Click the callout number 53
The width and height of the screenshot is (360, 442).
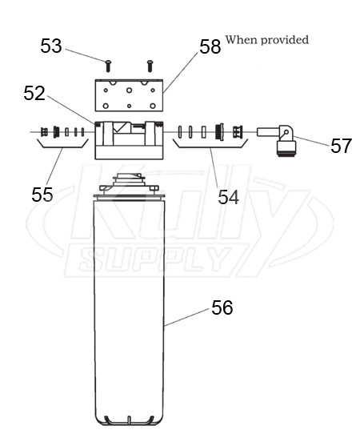[51, 46]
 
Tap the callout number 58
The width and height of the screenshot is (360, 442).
[210, 47]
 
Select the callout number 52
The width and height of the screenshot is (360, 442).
[34, 93]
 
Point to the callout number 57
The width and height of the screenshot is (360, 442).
[341, 146]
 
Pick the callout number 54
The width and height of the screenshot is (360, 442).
[229, 196]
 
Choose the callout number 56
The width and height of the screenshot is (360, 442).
[222, 307]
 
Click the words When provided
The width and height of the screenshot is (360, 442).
[267, 40]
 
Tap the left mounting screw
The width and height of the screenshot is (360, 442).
[108, 64]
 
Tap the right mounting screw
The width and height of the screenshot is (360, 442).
[150, 63]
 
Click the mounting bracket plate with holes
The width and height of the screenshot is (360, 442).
[129, 96]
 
